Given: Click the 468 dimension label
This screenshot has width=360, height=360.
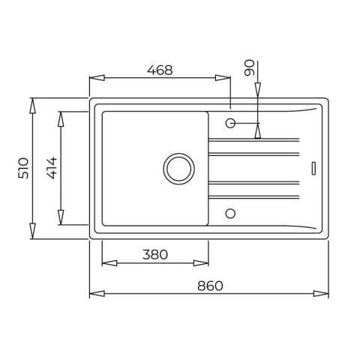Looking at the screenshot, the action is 160,70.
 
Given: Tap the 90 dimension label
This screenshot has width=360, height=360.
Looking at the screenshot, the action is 250,67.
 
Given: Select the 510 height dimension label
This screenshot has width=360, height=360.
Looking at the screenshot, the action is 23,168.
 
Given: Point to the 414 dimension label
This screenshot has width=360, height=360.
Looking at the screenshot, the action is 52,168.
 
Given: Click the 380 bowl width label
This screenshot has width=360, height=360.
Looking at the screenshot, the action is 155,254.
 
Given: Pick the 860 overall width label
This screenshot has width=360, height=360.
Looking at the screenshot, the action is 210,286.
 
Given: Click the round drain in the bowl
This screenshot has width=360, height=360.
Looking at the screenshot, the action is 179,169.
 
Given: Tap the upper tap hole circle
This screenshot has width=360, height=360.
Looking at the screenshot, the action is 230,123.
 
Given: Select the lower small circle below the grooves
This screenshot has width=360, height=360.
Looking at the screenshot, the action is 230,214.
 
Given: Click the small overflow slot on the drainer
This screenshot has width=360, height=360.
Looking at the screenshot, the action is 313,169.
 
